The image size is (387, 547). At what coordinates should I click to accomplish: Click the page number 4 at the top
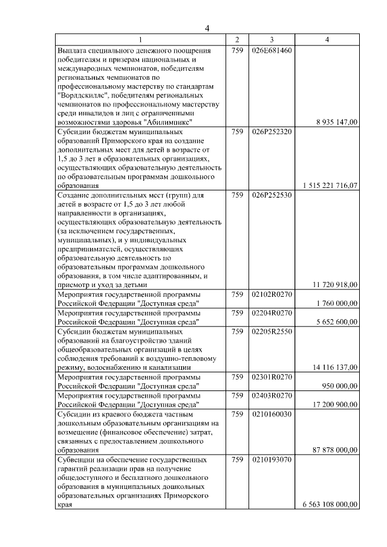206,28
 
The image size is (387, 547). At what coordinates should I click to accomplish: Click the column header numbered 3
272,39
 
